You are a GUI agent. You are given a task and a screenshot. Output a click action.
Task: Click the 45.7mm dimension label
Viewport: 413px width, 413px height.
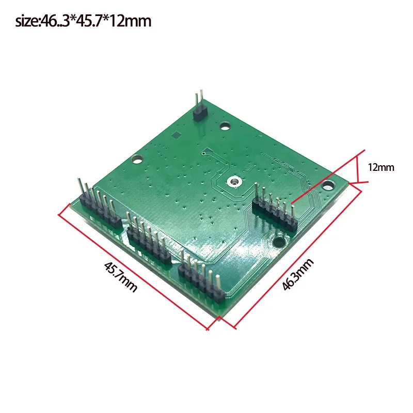pyautogui.click(x=121, y=277)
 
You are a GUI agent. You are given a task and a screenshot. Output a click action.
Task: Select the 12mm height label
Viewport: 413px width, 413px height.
pyautogui.click(x=380, y=167)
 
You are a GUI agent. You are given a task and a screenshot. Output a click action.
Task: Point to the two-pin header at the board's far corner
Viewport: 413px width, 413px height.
pyautogui.click(x=199, y=107)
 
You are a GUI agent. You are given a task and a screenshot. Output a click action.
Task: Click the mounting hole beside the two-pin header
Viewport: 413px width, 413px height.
pyautogui.click(x=226, y=125)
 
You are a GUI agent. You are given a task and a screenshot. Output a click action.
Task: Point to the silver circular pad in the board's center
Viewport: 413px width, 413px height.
pyautogui.click(x=235, y=182)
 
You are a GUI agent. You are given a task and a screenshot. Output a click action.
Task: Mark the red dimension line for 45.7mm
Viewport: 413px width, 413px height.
pyautogui.click(x=134, y=266)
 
